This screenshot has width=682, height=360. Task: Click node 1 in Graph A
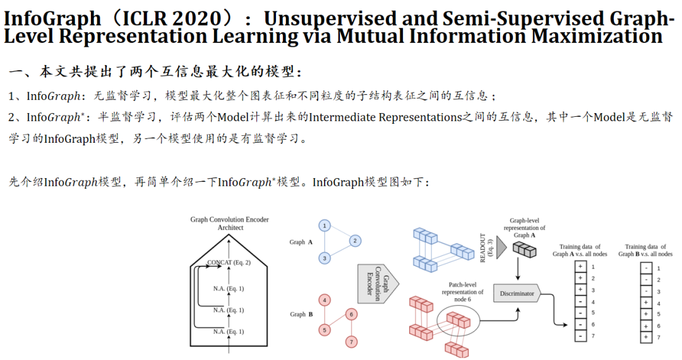tap(324, 225)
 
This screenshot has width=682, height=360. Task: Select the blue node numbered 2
tap(356, 241)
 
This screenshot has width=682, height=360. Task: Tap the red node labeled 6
tap(352, 314)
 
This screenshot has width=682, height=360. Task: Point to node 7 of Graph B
tap(352, 342)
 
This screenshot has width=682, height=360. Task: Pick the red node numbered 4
tap(324, 301)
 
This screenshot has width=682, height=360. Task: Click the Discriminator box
tap(517, 294)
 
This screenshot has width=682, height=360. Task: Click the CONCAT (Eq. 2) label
tap(229, 262)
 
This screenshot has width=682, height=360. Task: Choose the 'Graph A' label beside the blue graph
tap(297, 242)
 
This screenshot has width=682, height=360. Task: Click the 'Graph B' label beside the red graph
tap(297, 314)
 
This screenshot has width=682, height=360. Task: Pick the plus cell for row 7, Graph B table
tap(646, 337)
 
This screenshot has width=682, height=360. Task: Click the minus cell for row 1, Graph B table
tap(646, 268)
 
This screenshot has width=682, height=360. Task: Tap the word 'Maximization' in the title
tap(597, 36)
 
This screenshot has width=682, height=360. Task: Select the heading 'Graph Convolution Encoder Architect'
tap(229, 223)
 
